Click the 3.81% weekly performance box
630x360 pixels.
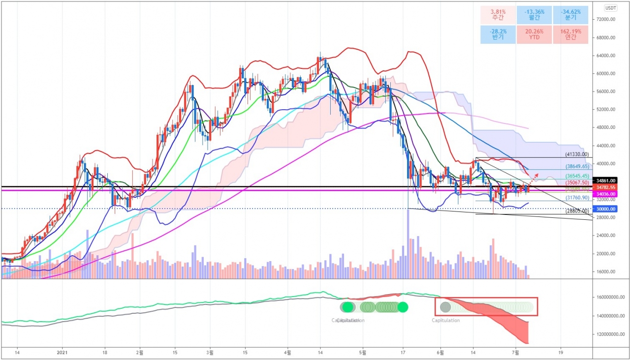498,14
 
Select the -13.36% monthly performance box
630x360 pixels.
534,14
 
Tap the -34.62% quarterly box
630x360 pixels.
570,14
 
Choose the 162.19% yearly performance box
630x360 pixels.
570,34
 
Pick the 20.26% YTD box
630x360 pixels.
534,34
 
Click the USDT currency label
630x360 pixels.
611,8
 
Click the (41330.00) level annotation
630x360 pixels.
576,154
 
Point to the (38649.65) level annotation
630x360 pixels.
576,167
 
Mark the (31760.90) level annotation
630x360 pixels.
576,197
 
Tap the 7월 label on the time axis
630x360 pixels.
515,353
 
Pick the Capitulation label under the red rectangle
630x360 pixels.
445,320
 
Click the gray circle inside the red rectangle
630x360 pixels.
445,307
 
